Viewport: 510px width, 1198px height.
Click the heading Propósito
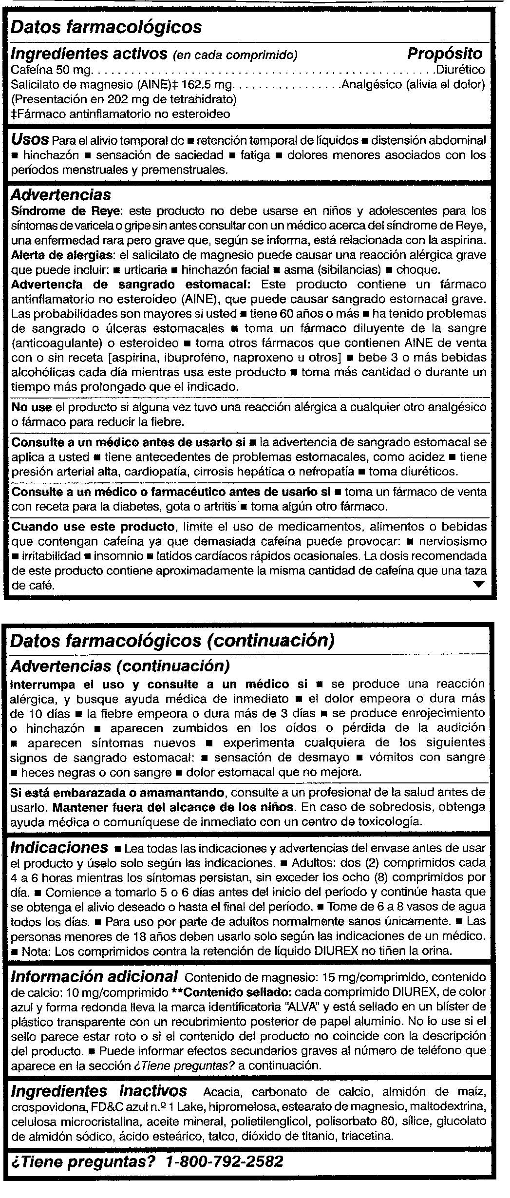pos(444,53)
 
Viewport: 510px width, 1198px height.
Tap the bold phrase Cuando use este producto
pos(93,527)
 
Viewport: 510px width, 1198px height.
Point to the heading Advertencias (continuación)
pos(120,666)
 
